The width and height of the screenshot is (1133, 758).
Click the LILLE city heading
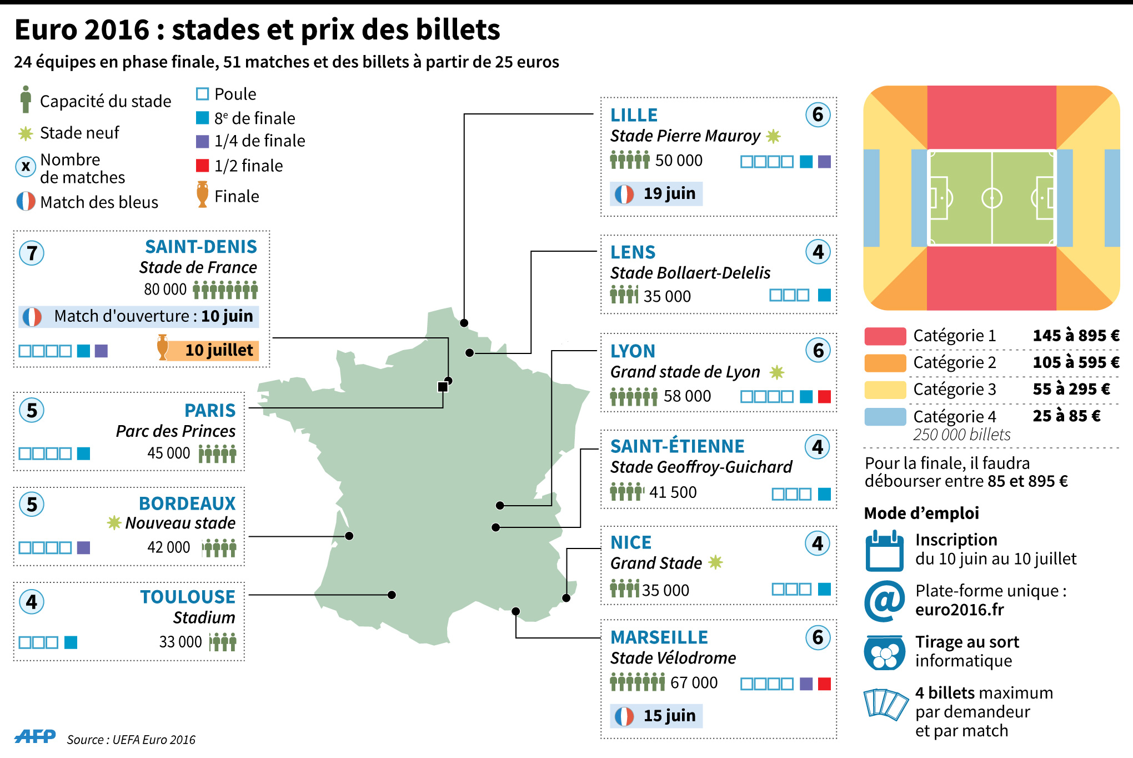tap(634, 115)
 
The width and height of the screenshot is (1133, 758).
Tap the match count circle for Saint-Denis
tap(32, 253)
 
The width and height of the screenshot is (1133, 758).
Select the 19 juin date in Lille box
tap(669, 193)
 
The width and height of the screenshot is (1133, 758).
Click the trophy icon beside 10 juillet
tap(163, 347)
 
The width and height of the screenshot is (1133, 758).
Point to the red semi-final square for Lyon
tap(825, 396)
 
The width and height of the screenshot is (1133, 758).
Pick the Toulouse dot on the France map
tap(392, 595)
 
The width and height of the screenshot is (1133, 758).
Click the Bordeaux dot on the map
tap(349, 536)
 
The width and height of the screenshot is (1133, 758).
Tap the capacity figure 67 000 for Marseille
tap(694, 682)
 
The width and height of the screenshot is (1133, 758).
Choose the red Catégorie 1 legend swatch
tap(885, 336)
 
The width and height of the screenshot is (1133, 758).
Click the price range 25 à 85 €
tap(1066, 416)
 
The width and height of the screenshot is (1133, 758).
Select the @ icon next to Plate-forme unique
tap(884, 601)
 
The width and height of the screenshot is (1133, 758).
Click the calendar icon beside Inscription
tap(884, 551)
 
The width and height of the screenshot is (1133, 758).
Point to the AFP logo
tap(35, 736)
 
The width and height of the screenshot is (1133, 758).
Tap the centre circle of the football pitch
tap(992, 198)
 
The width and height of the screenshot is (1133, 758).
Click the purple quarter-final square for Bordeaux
tap(83, 547)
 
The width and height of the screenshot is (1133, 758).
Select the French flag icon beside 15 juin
tap(624, 716)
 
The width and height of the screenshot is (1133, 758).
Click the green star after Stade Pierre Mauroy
tap(773, 136)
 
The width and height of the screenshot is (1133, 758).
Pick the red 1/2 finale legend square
tap(202, 166)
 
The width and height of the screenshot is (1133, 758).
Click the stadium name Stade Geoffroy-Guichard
tap(701, 467)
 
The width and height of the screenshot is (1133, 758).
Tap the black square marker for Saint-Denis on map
tap(443, 387)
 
